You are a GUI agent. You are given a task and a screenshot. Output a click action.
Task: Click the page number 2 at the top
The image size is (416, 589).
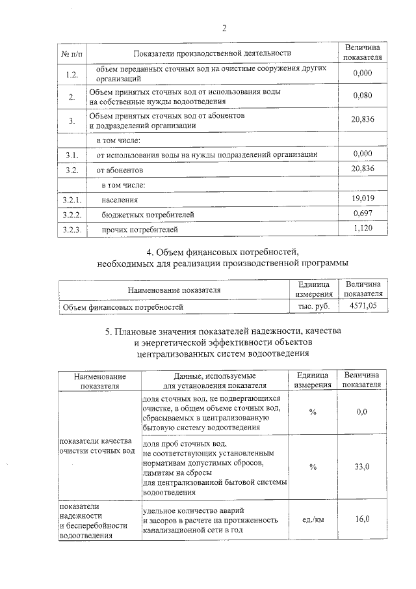pyautogui.click(x=224, y=28)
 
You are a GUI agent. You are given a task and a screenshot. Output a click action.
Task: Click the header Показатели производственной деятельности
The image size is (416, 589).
pyautogui.click(x=212, y=53)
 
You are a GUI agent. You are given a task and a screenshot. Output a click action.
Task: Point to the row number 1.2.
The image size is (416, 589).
pyautogui.click(x=71, y=74)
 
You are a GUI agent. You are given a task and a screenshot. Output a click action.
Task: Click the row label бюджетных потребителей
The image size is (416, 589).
pyautogui.click(x=148, y=214)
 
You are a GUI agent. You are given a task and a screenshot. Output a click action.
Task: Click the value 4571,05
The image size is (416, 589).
pyautogui.click(x=363, y=305)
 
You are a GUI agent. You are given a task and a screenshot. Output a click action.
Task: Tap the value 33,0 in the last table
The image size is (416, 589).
pyautogui.click(x=362, y=467)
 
